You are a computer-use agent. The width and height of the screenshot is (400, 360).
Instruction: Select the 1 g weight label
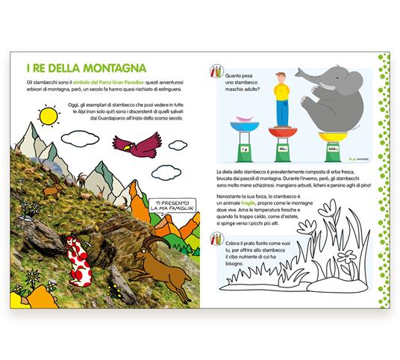click(x=245, y=149)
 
